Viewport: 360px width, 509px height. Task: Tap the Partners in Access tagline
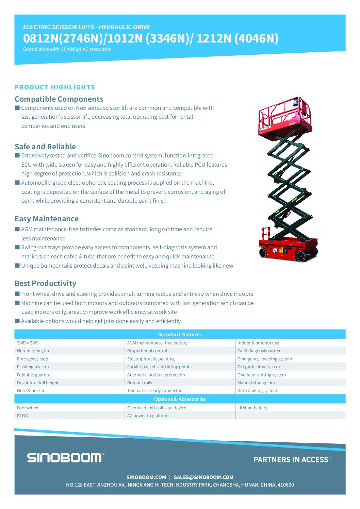pyautogui.click(x=292, y=460)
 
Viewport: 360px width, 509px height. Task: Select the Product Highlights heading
pyautogui.click(x=55, y=87)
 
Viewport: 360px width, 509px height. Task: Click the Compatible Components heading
pyautogui.click(x=59, y=99)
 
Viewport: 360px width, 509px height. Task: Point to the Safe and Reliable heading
pyautogui.click(x=45, y=147)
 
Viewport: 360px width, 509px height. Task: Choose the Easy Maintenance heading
pyautogui.click(x=47, y=219)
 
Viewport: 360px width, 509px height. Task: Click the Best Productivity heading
pyautogui.click(x=45, y=283)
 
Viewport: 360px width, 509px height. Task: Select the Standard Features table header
pyautogui.click(x=180, y=335)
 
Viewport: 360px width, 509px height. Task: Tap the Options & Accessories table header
pyautogui.click(x=180, y=399)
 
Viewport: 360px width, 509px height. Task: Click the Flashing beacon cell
pyautogui.click(x=33, y=367)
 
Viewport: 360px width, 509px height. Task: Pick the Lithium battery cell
pyautogui.click(x=252, y=408)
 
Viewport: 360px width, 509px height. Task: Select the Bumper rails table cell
pyautogui.click(x=140, y=383)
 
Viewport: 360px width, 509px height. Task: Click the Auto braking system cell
pyautogui.click(x=257, y=391)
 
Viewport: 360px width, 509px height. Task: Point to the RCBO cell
pyautogui.click(x=23, y=416)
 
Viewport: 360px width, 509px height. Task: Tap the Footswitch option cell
pyautogui.click(x=28, y=408)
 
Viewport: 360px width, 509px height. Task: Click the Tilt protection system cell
pyautogui.click(x=259, y=367)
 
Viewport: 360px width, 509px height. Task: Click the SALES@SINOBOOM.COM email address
pyautogui.click(x=203, y=477)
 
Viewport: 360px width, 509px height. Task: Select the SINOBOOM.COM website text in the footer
pyautogui.click(x=146, y=477)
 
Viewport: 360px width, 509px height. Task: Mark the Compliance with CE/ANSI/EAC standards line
pyautogui.click(x=67, y=49)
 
